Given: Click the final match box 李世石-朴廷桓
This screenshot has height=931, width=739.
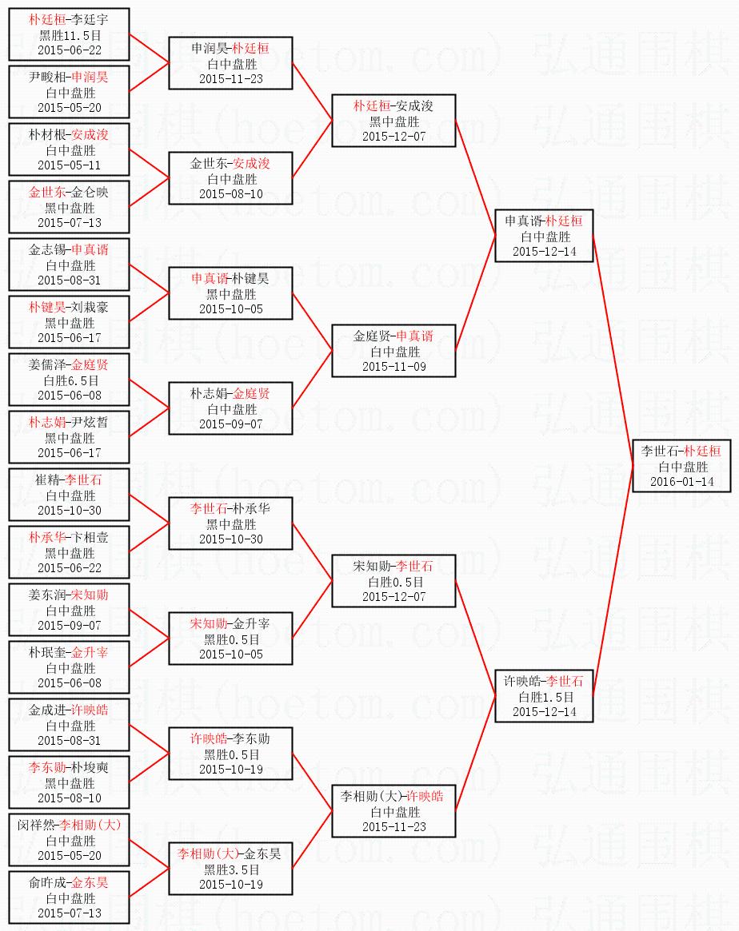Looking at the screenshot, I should coord(681,466).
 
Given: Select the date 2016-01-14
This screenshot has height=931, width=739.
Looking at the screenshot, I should coord(681,482).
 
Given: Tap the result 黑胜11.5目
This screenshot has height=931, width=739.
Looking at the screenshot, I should coord(70,35).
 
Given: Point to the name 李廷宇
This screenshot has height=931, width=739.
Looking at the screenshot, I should coord(90,20).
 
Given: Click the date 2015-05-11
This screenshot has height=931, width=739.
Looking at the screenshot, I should coord(70,165).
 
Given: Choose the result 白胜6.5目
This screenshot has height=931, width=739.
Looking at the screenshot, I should coord(70,380).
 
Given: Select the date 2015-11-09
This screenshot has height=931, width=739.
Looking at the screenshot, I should coord(393,366).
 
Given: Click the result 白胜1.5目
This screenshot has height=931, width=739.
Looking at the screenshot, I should coord(544,697).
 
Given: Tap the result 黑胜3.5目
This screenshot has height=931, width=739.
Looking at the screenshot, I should coord(230,869).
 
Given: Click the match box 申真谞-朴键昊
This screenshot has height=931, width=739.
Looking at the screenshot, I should coord(230,293).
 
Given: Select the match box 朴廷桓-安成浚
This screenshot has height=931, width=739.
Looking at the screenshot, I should coord(393,121).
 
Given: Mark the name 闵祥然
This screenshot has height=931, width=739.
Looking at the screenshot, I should coord(38,826).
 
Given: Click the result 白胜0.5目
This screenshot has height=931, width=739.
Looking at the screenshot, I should coord(393,582).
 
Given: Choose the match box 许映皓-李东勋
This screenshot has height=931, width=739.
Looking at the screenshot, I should coord(230,754).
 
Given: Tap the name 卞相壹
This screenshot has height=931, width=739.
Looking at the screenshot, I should coord(90,538).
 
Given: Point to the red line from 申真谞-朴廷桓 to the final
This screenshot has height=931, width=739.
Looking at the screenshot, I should coord(613,352).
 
